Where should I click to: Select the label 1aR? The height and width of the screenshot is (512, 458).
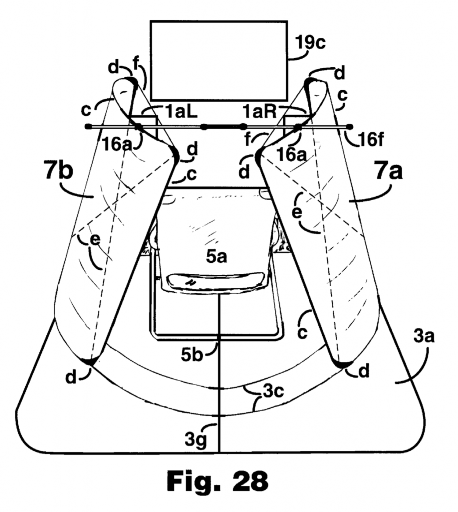click(x=259, y=112)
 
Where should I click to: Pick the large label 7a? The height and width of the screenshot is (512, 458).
click(x=389, y=172)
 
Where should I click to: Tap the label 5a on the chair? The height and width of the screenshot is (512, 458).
click(x=216, y=257)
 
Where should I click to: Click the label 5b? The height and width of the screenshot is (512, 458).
click(x=192, y=355)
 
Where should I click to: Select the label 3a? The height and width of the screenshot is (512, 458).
click(x=424, y=336)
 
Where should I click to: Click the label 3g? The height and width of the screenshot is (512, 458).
click(x=196, y=440)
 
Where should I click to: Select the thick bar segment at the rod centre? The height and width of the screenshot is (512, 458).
click(x=223, y=126)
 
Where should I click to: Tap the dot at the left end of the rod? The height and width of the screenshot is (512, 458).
click(x=87, y=126)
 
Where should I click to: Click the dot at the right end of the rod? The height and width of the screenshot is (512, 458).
click(x=350, y=126)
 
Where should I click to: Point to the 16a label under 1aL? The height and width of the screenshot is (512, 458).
click(x=117, y=144)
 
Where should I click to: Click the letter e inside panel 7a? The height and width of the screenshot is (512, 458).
click(x=297, y=212)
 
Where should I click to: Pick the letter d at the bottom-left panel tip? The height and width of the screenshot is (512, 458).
click(x=71, y=378)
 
